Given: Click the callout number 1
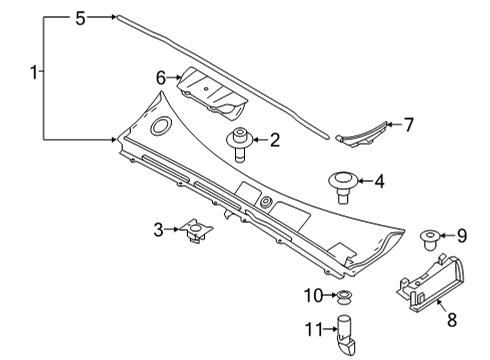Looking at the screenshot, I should tap(35, 72).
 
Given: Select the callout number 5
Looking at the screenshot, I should tap(81, 17).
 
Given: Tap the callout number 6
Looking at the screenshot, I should tap(160, 76).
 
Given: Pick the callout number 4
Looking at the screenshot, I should tap(379, 182).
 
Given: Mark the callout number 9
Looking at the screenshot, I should tap(461, 236).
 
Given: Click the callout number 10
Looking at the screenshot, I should tap(314, 295).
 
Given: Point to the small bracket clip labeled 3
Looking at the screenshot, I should tap(196, 233).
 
